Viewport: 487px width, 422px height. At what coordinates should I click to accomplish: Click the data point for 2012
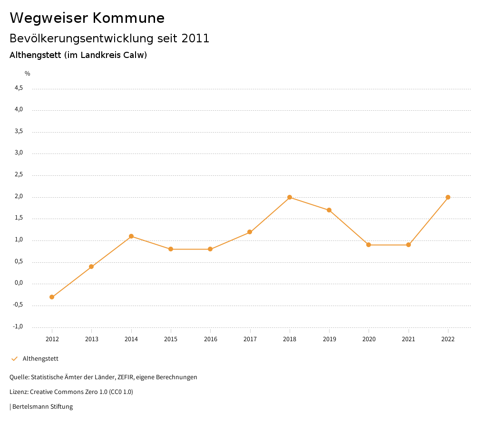click(52, 297)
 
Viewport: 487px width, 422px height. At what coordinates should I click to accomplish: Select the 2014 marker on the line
click(131, 236)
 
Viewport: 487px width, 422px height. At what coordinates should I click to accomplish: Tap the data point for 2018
click(290, 197)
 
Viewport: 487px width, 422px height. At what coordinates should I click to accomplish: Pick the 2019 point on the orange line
click(329, 210)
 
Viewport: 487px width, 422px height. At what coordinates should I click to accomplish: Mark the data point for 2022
click(448, 197)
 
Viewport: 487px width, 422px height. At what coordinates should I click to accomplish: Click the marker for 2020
click(369, 245)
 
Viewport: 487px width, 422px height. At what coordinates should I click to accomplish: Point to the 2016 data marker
click(210, 249)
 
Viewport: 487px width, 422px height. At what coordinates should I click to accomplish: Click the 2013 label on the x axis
click(92, 339)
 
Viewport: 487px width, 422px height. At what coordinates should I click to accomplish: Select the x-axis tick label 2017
click(250, 339)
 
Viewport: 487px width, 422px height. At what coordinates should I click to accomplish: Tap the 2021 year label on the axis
click(409, 339)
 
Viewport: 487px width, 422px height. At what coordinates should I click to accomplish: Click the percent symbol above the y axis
click(28, 74)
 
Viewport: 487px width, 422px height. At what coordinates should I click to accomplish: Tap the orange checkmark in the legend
click(14, 359)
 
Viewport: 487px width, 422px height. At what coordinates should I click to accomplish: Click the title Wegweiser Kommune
click(87, 18)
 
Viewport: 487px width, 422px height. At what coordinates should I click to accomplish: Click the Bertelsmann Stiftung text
click(42, 407)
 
